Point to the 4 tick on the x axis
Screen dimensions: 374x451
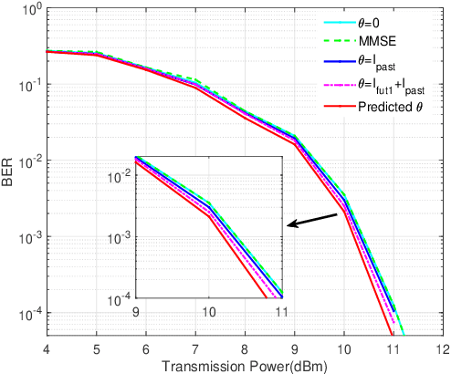pyautogui.click(x=46, y=348)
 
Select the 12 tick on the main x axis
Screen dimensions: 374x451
pyautogui.click(x=443, y=348)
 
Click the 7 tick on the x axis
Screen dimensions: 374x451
pyautogui.click(x=194, y=348)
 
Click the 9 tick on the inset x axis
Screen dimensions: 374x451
pyautogui.click(x=135, y=310)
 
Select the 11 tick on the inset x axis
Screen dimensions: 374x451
pyautogui.click(x=281, y=310)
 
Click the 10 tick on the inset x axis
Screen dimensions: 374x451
pyautogui.click(x=209, y=310)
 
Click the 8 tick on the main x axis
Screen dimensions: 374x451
pyautogui.click(x=245, y=348)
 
